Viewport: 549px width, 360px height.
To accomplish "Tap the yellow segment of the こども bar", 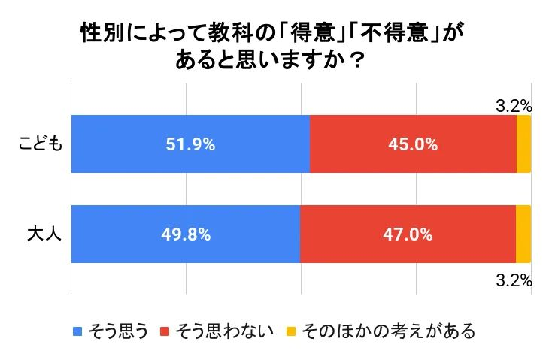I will tap(523, 144).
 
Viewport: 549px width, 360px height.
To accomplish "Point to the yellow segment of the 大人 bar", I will tap(523, 234).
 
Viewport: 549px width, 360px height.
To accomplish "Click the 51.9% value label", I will tap(190, 144).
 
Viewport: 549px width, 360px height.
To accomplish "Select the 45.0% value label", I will tap(413, 144).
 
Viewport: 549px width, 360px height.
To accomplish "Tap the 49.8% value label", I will tap(185, 234).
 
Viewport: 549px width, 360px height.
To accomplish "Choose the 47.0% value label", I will tap(408, 234).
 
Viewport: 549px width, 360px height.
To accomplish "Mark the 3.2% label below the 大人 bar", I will tap(514, 282).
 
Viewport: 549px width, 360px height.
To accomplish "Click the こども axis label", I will tap(39, 144).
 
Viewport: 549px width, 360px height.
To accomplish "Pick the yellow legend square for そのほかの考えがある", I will tap(290, 331).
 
